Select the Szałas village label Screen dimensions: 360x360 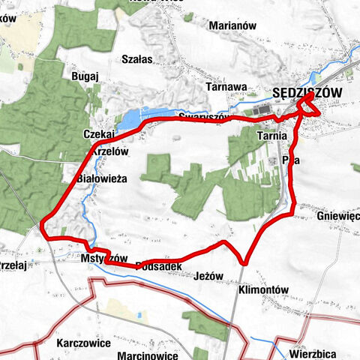[x=136, y=59]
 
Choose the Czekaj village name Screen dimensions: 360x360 [x=99, y=133]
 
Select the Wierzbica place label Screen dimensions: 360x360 [x=315, y=333]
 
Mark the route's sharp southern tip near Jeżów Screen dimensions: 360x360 [x=244, y=262]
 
